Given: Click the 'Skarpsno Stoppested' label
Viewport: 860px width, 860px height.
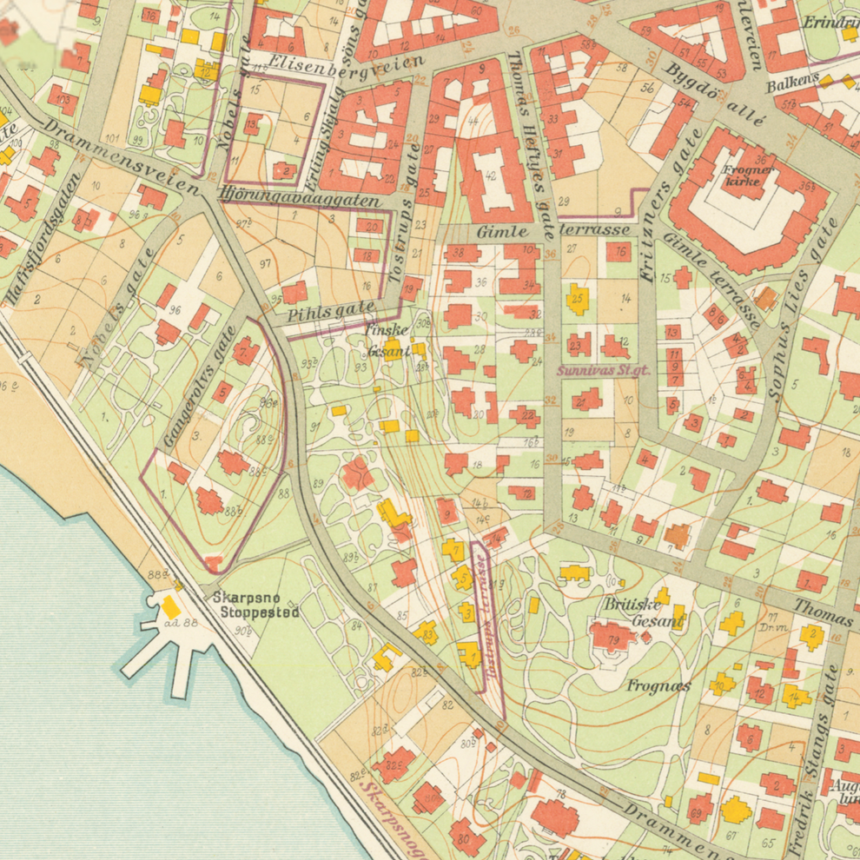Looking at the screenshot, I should pos(256,605).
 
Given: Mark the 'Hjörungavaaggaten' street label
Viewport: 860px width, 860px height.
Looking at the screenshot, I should pos(300,198).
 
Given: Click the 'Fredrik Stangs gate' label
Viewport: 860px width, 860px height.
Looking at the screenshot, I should pos(812,756).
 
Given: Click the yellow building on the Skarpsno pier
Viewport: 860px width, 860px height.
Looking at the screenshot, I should pos(171,608).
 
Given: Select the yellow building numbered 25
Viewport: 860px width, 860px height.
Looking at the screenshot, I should pos(578,299).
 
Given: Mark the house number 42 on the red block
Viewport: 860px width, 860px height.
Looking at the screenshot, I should pos(490,175).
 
